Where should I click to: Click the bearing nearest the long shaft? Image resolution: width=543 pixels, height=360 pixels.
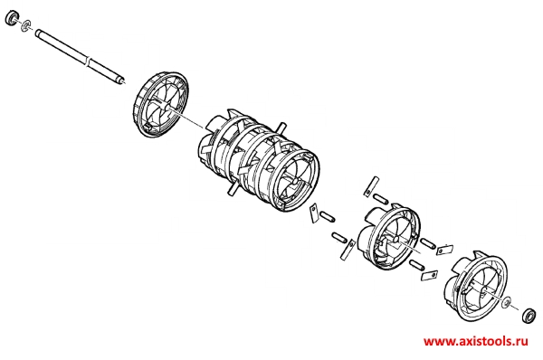pyautogui.click(x=12, y=18)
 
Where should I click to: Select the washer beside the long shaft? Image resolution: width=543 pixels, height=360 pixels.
pyautogui.click(x=25, y=25)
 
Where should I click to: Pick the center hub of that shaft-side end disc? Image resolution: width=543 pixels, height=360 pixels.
pyautogui.click(x=168, y=108)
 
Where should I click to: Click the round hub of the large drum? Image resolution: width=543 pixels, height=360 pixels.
pyautogui.click(x=295, y=181)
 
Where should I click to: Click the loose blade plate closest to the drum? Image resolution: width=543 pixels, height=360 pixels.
pyautogui.click(x=314, y=213)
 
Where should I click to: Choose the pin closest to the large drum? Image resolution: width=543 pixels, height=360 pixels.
pyautogui.click(x=328, y=217)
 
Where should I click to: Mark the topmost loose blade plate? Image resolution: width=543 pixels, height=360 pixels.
pyautogui.click(x=371, y=186)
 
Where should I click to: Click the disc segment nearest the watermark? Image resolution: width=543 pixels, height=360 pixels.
pyautogui.click(x=475, y=289)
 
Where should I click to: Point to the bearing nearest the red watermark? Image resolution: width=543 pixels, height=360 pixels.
pyautogui.click(x=529, y=315)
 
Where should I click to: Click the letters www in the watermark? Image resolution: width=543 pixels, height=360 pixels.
pyautogui.click(x=437, y=341)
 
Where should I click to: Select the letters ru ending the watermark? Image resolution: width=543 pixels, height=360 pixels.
pyautogui.click(x=522, y=341)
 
